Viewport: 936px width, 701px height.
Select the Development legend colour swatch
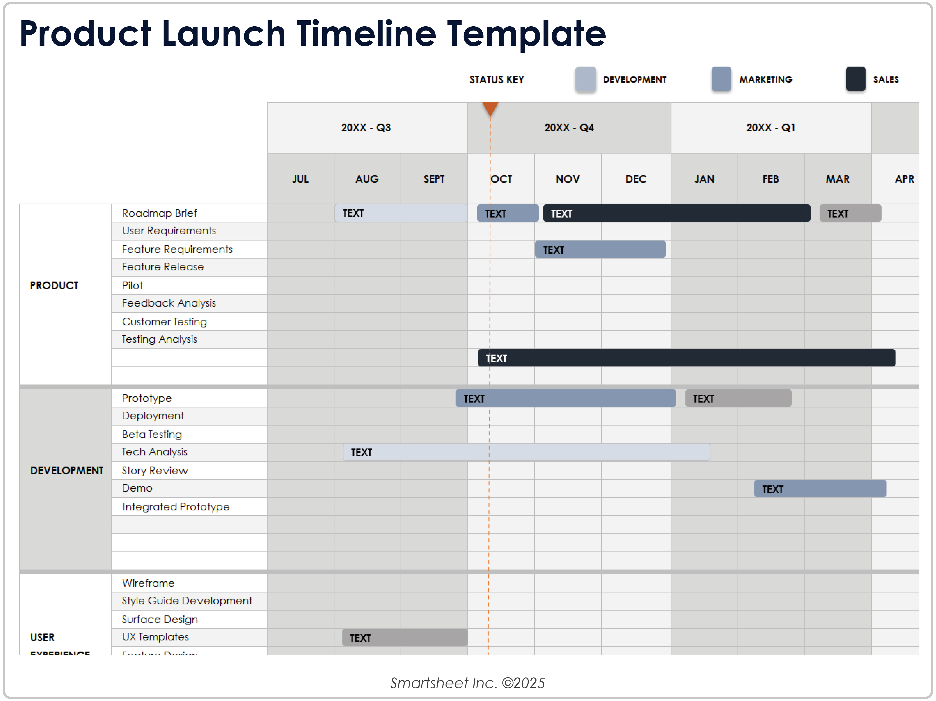(585, 79)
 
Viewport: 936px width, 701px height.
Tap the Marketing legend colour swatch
(721, 79)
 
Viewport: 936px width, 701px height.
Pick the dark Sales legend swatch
(855, 79)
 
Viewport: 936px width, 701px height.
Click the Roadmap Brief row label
(160, 213)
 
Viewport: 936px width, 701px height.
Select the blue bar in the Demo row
(820, 489)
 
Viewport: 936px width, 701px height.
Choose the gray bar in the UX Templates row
(405, 638)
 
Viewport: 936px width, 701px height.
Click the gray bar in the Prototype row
(738, 398)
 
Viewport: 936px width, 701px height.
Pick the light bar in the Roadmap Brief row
(401, 213)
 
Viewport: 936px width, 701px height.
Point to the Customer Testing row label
(164, 322)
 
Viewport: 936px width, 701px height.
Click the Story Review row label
(155, 471)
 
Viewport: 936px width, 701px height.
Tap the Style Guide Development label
(187, 601)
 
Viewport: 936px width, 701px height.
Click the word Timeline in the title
(366, 34)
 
